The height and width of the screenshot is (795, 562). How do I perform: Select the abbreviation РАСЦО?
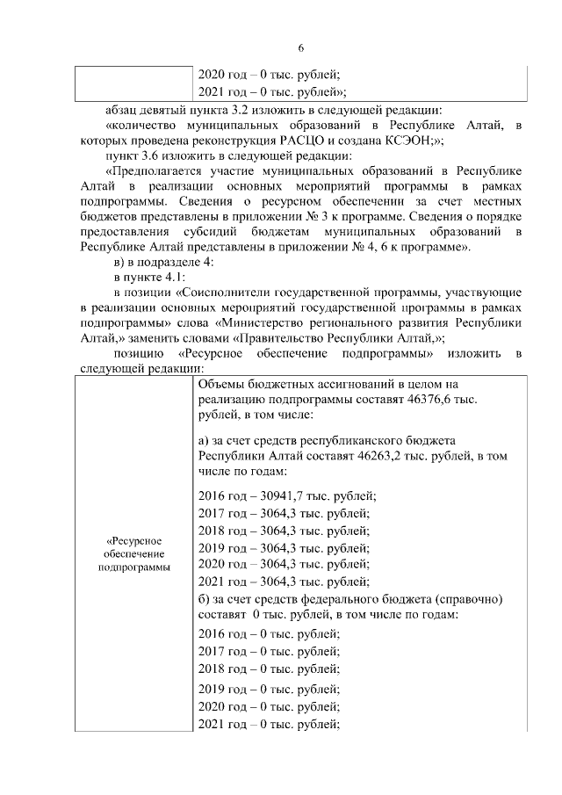(x=306, y=140)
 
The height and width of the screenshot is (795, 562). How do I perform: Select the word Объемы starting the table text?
(x=223, y=384)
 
